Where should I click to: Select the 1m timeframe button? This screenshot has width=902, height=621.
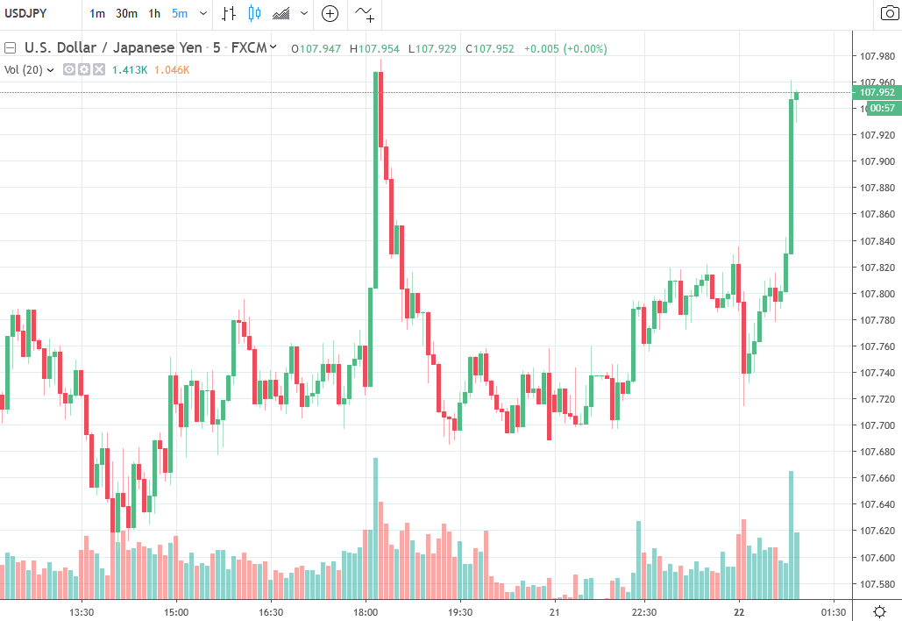[97, 13]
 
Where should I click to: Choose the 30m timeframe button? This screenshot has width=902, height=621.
[126, 13]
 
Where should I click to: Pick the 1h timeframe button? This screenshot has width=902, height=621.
[154, 13]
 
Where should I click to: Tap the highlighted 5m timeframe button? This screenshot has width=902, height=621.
[180, 13]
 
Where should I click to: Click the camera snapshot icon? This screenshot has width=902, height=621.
[888, 13]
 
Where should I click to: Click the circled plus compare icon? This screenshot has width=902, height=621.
[330, 13]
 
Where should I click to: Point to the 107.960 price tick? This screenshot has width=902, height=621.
[877, 82]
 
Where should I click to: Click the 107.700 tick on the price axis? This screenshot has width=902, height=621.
[877, 426]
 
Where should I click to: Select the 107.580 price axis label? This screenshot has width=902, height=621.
[877, 584]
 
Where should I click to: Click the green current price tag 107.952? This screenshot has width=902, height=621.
[877, 92]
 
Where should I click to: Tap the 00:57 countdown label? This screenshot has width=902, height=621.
[881, 108]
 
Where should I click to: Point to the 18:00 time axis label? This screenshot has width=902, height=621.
[366, 611]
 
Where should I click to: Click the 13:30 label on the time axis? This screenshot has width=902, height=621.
[81, 611]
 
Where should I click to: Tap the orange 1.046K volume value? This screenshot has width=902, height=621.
[172, 69]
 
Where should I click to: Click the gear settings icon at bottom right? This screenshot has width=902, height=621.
[880, 611]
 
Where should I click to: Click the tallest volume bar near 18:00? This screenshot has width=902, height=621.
[376, 526]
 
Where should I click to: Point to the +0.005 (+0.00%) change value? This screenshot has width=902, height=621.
[565, 48]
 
